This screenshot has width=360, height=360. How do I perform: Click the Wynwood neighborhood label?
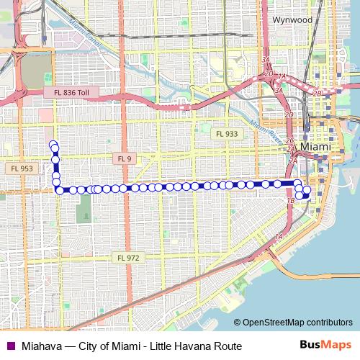293,20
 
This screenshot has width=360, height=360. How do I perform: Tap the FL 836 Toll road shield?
72,92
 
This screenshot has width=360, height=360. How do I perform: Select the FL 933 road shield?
225,134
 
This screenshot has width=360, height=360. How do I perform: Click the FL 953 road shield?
21,168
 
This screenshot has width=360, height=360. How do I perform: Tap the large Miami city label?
315,146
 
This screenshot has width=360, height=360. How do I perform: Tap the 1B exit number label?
291,199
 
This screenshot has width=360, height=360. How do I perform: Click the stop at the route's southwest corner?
59,190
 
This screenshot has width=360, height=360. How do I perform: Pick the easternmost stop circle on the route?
308,191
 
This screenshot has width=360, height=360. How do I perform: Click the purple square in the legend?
9,346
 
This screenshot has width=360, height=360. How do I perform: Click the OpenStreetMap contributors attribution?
296,323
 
